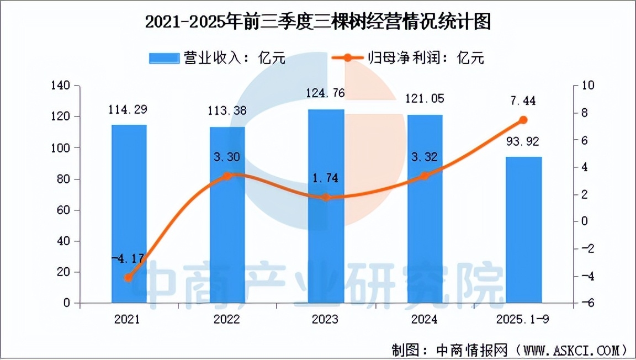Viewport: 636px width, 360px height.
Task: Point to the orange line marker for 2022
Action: (x=227, y=176)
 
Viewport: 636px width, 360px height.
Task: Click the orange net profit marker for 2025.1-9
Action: (x=523, y=120)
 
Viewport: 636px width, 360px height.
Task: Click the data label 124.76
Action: (x=326, y=93)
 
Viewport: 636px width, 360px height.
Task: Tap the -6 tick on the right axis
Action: (x=585, y=303)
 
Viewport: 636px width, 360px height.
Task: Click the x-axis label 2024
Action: (x=425, y=320)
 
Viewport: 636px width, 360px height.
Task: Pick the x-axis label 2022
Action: (x=227, y=320)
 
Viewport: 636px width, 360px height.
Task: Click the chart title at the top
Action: (x=317, y=23)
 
